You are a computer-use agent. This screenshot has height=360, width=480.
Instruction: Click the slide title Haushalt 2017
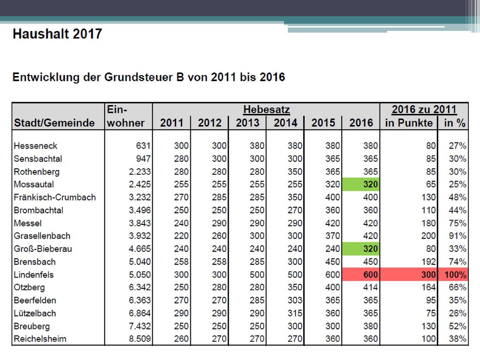pos(57,34)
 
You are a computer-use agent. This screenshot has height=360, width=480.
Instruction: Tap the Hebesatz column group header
pos(266,109)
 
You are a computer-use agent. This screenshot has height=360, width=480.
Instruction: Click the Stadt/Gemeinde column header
pos(54,123)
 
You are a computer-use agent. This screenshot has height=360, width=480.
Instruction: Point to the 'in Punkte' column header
pos(409,123)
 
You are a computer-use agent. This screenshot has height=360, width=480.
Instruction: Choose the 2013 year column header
pos(247,123)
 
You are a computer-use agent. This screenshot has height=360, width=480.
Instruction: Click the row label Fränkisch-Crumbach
pos(55,197)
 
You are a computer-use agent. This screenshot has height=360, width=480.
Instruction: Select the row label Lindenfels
pos(34,275)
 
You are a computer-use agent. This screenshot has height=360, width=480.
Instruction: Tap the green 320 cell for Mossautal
pos(360,184)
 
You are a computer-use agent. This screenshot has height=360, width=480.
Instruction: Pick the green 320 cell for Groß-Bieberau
pos(360,248)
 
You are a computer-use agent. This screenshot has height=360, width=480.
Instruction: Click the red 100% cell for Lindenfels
pos(453,275)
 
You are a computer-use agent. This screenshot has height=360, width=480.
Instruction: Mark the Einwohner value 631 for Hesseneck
pos(143,146)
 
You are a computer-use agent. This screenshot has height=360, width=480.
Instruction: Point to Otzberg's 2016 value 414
pos(370,287)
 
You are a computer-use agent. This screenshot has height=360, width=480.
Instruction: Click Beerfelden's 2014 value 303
pos(295,300)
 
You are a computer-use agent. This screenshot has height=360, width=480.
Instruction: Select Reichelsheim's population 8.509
pos(140,339)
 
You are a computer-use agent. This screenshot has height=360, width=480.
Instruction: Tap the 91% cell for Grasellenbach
pos(457,236)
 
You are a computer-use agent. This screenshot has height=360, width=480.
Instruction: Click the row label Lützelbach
pos(35,313)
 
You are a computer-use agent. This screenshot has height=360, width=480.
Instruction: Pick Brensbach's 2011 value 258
pos(181,262)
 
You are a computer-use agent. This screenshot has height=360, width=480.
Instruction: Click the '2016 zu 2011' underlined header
pos(424,109)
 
